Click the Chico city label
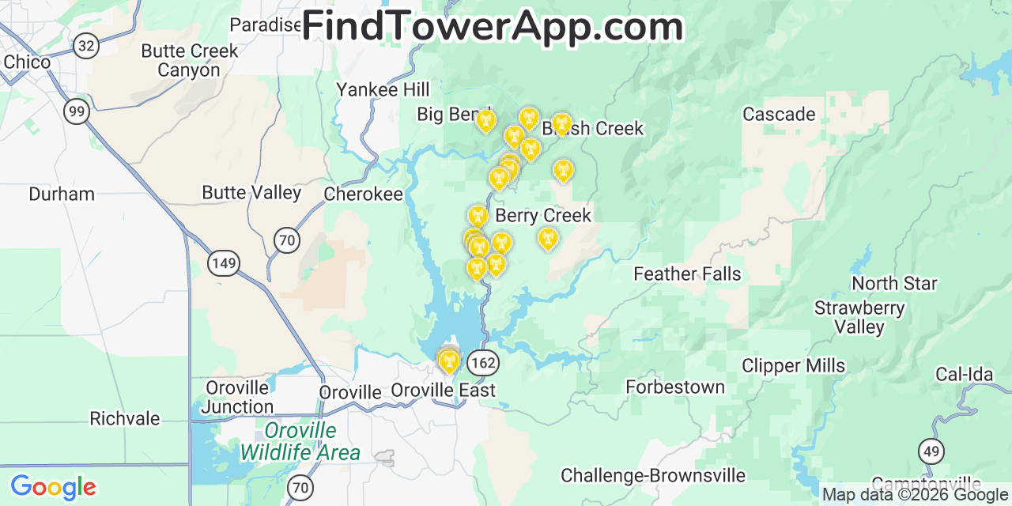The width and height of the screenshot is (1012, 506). tap(27, 62)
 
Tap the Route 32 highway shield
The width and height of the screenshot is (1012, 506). tap(86, 46)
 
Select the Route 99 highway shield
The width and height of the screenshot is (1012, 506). tap(77, 111)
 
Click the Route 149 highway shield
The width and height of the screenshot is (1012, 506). tap(225, 262)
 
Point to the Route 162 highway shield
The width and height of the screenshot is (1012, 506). tap(482, 363)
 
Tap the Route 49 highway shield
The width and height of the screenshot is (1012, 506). tap(931, 451)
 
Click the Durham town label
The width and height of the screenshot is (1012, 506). tap(61, 194)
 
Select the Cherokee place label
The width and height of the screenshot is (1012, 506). tap(363, 194)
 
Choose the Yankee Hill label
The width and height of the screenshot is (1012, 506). tap(383, 89)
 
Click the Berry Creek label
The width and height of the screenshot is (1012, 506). tap(543, 215)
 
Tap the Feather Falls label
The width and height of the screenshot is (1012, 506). tap(687, 274)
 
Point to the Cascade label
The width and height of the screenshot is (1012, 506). tap(779, 114)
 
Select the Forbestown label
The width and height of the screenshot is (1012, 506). tap(674, 387)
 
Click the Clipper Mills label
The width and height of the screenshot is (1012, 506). tap(793, 365)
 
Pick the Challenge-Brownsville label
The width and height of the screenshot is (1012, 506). tap(653, 475)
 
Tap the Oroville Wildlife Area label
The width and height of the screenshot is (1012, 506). tap(300, 441)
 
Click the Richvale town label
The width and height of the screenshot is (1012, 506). tap(124, 418)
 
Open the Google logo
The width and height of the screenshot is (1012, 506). tap(52, 487)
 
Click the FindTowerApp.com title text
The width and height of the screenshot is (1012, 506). tap(493, 26)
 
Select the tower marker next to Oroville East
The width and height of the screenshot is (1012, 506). tap(448, 361)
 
